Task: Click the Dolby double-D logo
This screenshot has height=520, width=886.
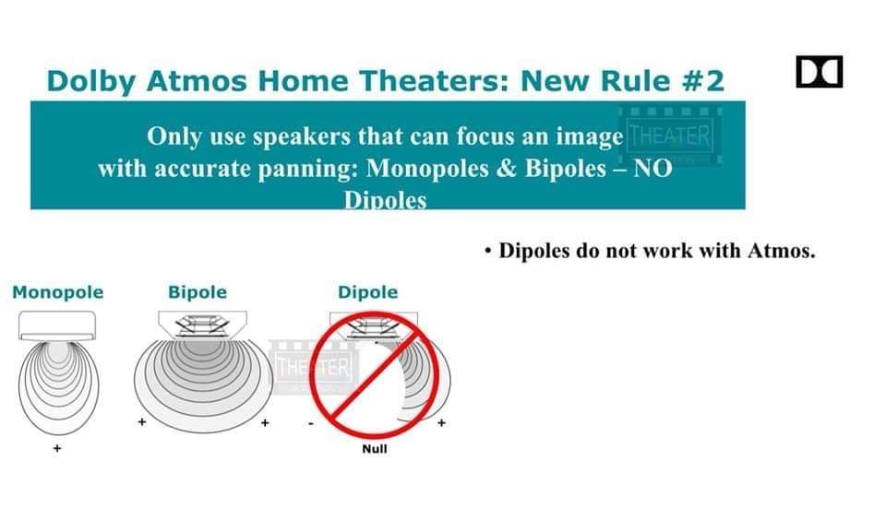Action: (819, 72)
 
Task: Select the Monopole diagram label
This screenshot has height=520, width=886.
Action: (57, 292)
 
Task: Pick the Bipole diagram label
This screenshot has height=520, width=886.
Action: (198, 292)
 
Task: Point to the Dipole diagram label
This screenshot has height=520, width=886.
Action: (368, 292)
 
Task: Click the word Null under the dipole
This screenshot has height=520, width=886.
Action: (375, 449)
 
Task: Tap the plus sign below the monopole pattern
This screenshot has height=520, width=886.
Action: (57, 448)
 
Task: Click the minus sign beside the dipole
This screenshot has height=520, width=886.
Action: (311, 423)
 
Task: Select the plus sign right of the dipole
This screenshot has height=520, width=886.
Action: (441, 422)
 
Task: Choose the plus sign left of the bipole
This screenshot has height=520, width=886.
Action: (142, 421)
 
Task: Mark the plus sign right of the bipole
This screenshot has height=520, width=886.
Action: (265, 422)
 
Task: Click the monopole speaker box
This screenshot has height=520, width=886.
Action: (57, 325)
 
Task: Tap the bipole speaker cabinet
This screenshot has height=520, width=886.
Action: (202, 325)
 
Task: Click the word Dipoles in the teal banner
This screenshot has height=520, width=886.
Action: (386, 200)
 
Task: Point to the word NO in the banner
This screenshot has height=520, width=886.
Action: (653, 168)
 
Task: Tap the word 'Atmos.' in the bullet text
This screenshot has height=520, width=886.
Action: (782, 251)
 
